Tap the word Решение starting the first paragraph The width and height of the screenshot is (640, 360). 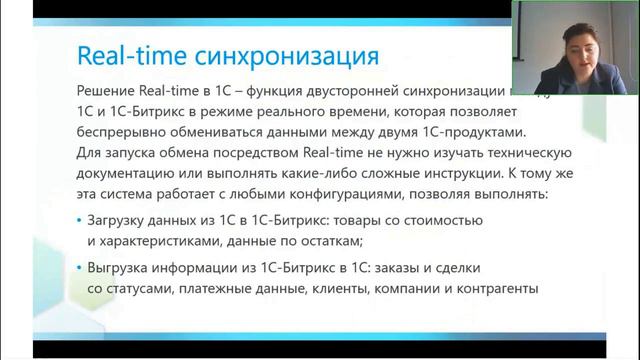[x=110, y=88]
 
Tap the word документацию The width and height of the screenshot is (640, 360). [x=129, y=175]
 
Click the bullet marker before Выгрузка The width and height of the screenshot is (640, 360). [x=79, y=268]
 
